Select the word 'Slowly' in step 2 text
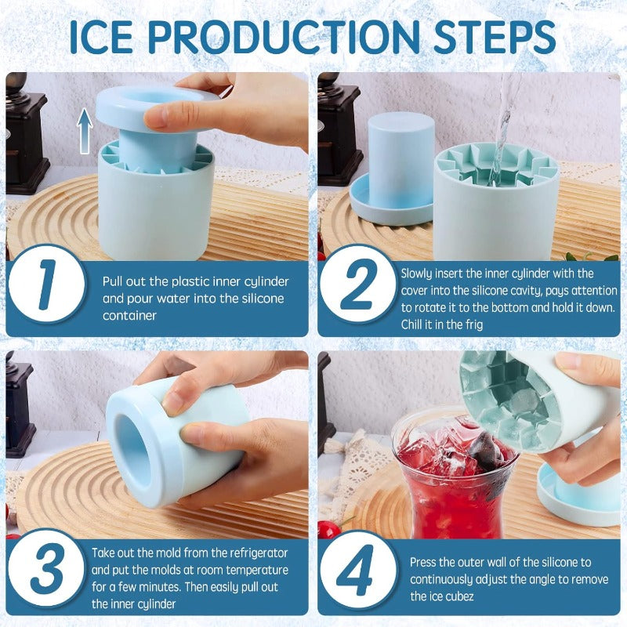tap(419, 274)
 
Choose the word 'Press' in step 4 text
tap(424, 563)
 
